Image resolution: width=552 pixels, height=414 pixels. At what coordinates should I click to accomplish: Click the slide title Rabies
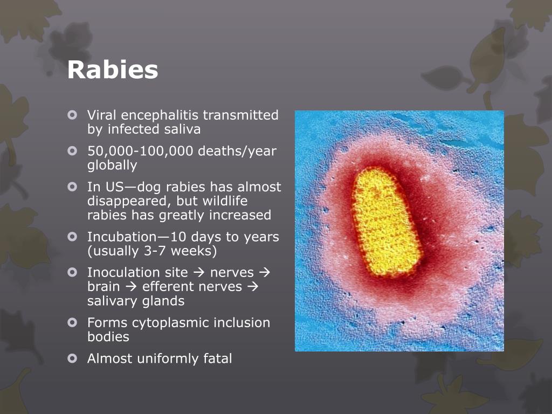113,70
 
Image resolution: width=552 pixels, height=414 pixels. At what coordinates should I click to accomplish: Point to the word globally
112,165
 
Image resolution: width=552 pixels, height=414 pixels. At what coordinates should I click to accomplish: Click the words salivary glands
136,301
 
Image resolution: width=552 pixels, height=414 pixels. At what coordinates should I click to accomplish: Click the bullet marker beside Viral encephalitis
73,115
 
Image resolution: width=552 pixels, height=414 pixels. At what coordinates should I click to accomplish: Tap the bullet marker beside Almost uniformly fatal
73,358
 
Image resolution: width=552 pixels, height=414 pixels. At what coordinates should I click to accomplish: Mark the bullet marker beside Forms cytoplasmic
73,323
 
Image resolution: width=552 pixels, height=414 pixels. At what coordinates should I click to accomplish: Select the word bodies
108,337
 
